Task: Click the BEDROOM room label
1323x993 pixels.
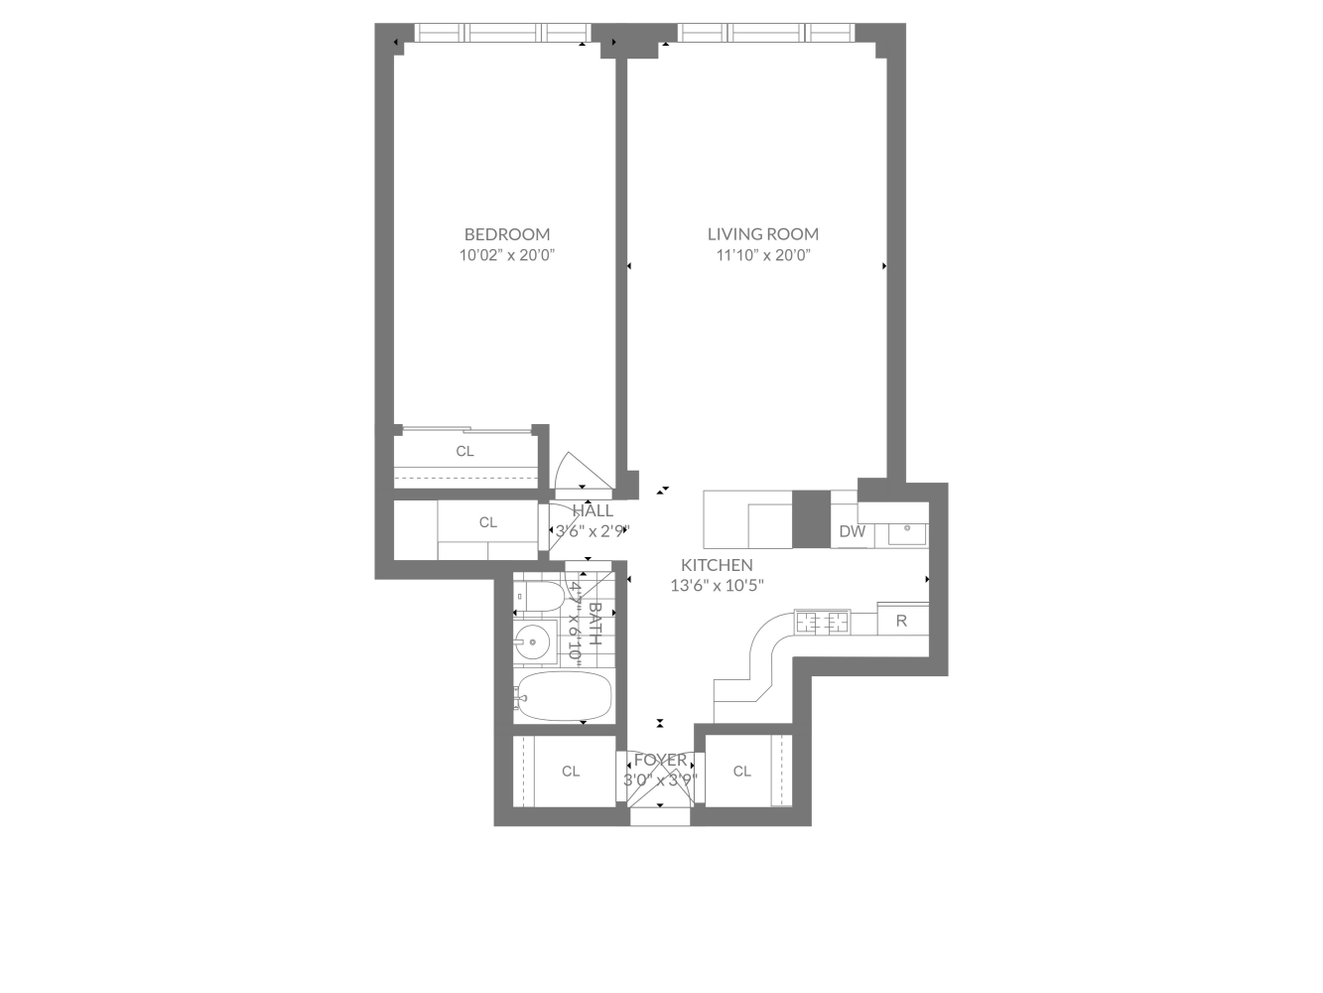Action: tap(506, 234)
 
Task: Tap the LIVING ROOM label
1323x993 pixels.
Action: tap(762, 234)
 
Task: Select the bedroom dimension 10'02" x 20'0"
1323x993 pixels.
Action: tap(506, 255)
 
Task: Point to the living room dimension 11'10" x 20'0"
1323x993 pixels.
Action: tap(762, 255)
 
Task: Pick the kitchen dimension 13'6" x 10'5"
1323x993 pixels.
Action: tap(717, 585)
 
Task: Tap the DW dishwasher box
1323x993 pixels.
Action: tap(853, 531)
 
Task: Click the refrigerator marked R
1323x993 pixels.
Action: tap(901, 622)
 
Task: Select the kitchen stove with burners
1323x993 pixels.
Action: tap(823, 623)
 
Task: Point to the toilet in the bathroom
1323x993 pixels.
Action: tap(537, 596)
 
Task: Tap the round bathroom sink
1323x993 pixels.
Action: tap(534, 642)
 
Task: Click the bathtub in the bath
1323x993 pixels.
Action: tap(562, 696)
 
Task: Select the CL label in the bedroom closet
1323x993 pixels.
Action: tap(465, 451)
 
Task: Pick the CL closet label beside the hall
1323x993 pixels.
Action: tap(488, 522)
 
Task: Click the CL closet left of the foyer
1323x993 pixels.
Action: tap(571, 771)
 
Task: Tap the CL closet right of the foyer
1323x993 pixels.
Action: tap(742, 771)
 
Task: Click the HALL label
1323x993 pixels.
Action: tap(593, 510)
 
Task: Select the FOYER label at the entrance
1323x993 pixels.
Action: tap(660, 760)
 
